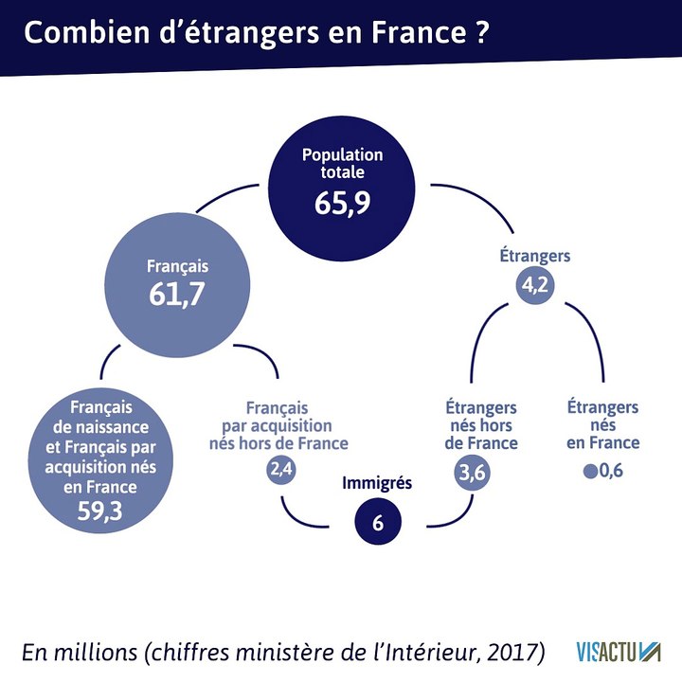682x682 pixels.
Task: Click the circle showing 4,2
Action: pos(535,285)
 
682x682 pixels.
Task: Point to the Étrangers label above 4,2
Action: pos(534,257)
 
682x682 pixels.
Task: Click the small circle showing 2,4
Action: pos(282,470)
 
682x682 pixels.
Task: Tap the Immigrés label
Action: pos(377,483)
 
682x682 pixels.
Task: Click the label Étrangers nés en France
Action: pos(602,424)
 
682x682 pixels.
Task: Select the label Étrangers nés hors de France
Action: pos(481,424)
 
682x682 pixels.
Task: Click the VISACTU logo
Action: pos(618,653)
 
